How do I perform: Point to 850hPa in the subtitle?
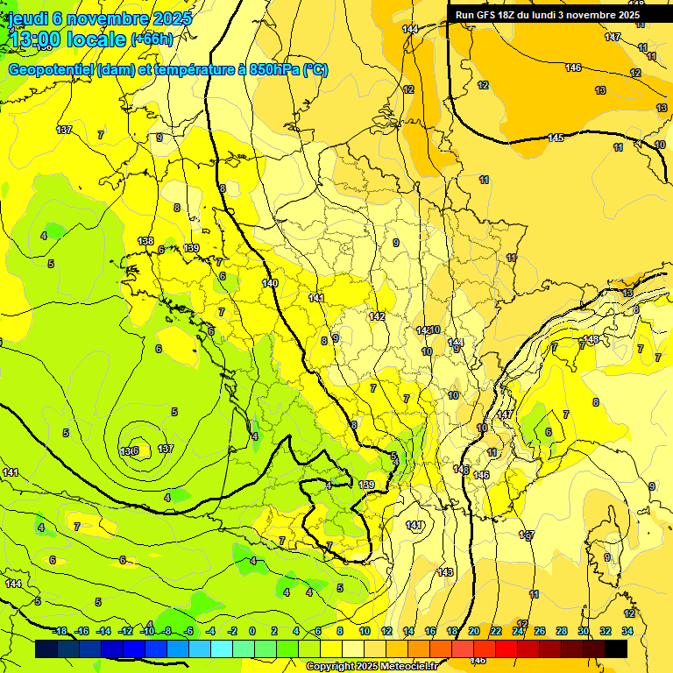tap(273, 70)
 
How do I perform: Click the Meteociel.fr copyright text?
tap(372, 667)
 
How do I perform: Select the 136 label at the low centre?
tap(130, 451)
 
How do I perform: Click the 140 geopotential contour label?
tap(270, 283)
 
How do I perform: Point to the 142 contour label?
tap(377, 316)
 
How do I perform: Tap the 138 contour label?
tap(145, 241)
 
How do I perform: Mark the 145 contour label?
tap(556, 138)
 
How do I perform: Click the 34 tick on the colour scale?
tap(627, 631)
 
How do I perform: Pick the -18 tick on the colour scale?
tap(60, 631)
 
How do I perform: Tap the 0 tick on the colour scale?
tap(252, 631)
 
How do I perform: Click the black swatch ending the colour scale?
tap(616, 649)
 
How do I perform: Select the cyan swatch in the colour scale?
tap(222, 649)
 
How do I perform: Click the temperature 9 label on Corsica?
tap(607, 557)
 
